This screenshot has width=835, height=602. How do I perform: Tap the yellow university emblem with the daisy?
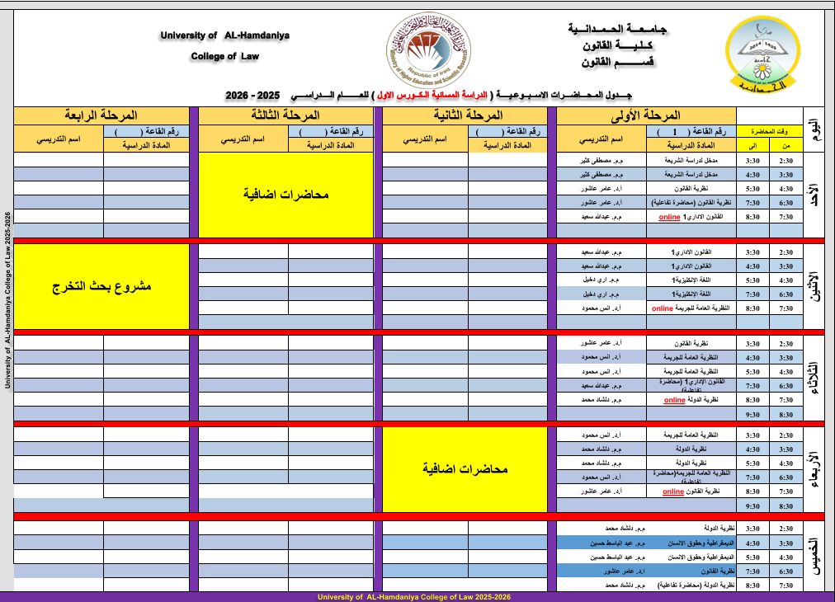pyautogui.click(x=762, y=54)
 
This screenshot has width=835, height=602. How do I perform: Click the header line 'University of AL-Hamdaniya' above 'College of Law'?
pyautogui.click(x=225, y=35)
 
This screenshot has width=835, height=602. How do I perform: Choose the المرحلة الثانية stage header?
pyautogui.click(x=465, y=115)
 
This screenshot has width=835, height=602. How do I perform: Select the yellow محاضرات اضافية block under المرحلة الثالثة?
pyautogui.click(x=285, y=195)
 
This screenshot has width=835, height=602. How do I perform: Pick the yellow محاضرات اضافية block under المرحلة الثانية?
pyautogui.click(x=465, y=469)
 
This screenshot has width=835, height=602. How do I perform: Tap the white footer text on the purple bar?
pyautogui.click(x=419, y=596)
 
